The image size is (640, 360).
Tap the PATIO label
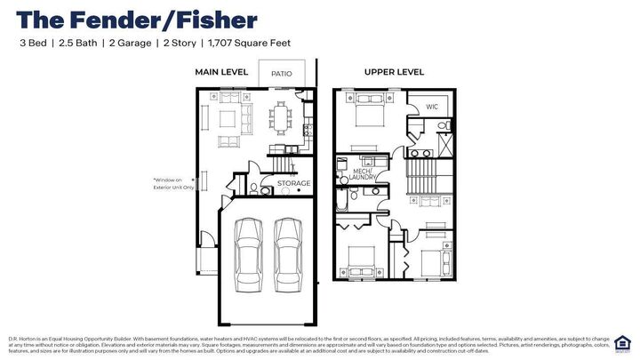point(281,74)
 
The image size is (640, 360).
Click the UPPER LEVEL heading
point(394,71)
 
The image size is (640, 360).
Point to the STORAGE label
point(293,184)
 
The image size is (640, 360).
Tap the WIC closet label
point(432,107)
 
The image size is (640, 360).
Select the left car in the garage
point(248,250)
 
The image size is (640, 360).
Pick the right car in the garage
point(288,250)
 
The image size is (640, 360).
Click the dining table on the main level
point(283,116)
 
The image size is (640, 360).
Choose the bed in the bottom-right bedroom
point(431,263)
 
